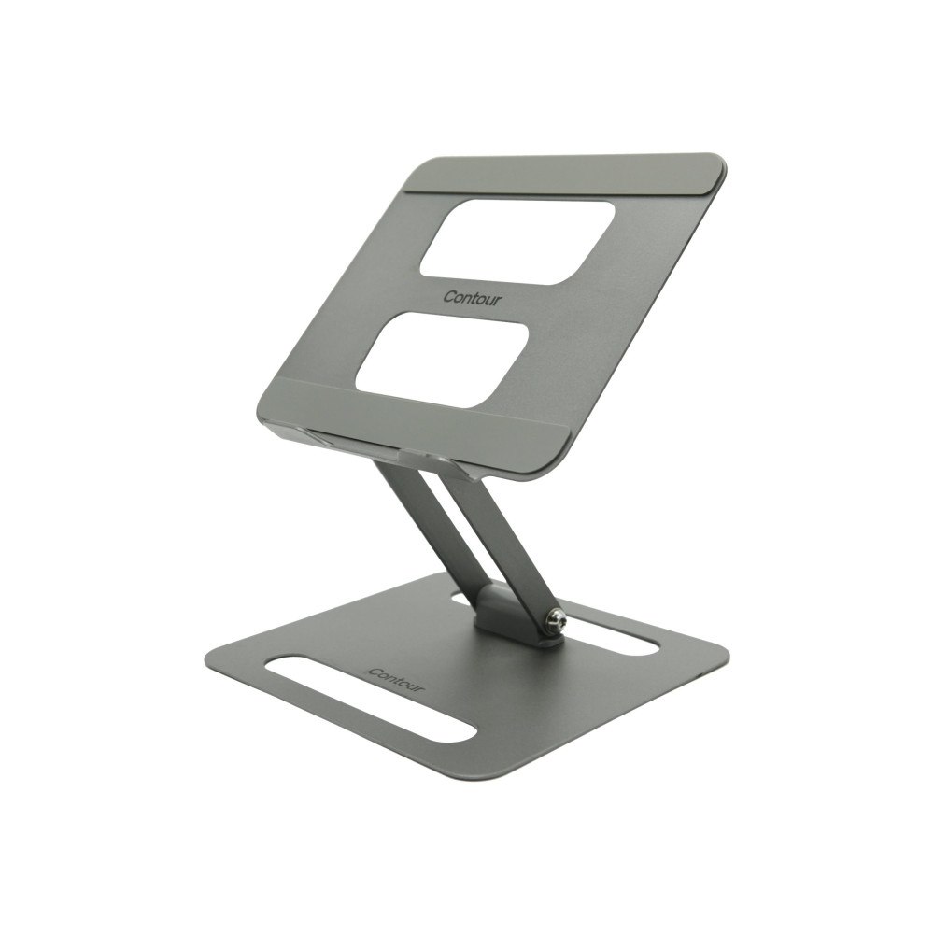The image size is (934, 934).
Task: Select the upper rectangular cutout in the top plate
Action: (x=517, y=241)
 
